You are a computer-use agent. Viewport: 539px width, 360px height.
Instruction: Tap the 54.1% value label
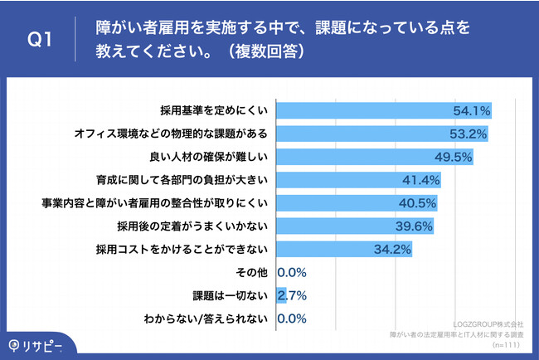point(471,109)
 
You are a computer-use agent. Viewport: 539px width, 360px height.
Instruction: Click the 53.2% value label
point(467,133)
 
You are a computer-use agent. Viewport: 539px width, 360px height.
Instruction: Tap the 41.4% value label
point(420,179)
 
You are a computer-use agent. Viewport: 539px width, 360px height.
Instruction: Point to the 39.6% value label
point(414,226)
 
